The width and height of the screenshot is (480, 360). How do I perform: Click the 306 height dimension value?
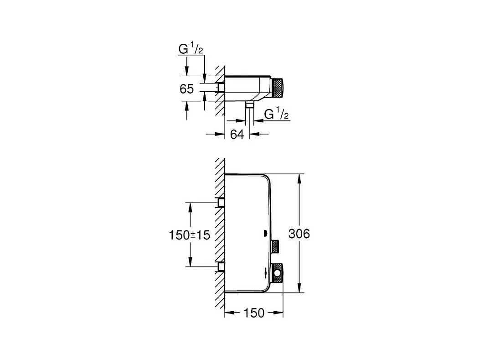[299, 234]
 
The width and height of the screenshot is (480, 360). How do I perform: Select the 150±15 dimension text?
[189, 235]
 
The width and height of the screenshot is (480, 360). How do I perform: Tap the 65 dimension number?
[186, 89]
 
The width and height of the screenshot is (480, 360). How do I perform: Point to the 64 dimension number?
[237, 134]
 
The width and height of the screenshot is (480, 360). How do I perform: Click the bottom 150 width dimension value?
[254, 313]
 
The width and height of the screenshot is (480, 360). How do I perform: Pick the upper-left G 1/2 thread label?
[190, 50]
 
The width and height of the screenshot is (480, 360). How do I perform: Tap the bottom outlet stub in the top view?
[249, 105]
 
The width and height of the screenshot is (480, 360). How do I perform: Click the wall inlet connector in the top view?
[222, 87]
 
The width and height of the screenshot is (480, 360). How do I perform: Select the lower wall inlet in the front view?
[222, 266]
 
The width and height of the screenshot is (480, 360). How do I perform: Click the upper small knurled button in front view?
[275, 246]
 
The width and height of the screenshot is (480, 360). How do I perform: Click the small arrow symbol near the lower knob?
[266, 273]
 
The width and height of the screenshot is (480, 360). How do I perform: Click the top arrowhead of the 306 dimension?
[299, 177]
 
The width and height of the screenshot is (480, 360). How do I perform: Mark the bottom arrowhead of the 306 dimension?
[299, 288]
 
